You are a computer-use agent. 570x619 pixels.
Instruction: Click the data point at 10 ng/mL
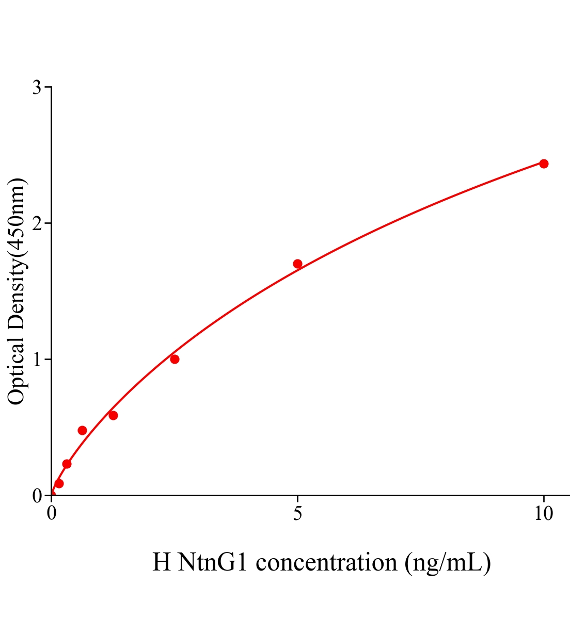coord(543,164)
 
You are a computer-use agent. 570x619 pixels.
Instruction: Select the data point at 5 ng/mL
coord(297,264)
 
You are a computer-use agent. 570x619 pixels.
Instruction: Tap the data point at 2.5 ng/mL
coord(175,359)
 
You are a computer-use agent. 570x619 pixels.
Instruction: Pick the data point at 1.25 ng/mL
coord(113,415)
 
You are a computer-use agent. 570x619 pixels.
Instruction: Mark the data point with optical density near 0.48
coord(82,430)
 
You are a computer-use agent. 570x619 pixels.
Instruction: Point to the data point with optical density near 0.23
coord(67,464)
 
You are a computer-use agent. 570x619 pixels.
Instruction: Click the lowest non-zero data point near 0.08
coord(59,483)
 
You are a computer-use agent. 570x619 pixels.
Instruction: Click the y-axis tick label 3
coord(37,88)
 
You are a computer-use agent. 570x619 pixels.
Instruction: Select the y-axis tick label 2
coord(37,223)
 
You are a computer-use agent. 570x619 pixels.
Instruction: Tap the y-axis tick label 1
coord(37,360)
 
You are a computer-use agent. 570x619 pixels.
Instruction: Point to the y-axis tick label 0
coord(37,496)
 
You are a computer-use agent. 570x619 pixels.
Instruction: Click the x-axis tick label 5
coord(297,513)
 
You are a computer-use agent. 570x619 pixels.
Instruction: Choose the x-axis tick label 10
coord(543,513)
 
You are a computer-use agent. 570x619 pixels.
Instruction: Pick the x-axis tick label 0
coord(52,513)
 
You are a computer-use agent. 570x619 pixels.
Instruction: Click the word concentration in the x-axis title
coord(326,562)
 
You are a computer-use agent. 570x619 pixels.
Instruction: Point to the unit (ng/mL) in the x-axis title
coord(447,562)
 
